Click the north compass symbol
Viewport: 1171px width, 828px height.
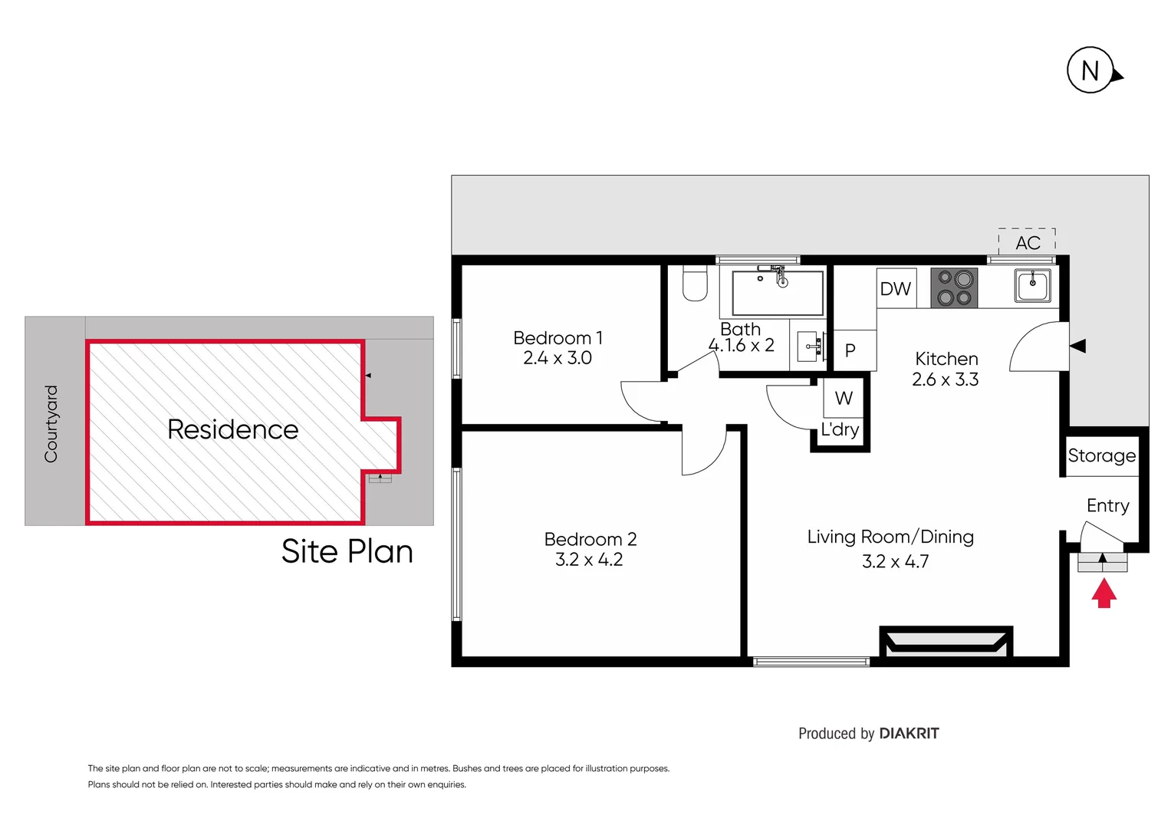point(1090,71)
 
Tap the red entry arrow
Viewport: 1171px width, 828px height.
point(1104,593)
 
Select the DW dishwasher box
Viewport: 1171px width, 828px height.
point(896,288)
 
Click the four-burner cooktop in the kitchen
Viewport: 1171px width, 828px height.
point(954,288)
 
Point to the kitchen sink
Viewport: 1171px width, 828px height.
point(1033,286)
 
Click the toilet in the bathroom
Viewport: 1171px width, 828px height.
point(695,284)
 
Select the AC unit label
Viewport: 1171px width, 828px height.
point(1028,242)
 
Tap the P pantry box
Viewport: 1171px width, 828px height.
point(850,350)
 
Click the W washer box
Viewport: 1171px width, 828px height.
point(844,398)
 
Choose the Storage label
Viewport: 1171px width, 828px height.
point(1102,455)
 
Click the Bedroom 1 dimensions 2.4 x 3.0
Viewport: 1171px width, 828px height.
point(558,358)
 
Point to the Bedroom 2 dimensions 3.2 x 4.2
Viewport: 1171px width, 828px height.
point(589,560)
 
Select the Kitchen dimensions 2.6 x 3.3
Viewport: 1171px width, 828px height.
point(946,379)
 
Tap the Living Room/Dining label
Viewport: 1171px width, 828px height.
point(890,537)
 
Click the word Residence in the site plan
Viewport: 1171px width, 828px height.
point(232,429)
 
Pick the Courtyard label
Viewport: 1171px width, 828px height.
point(51,424)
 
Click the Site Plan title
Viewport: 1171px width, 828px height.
point(347,551)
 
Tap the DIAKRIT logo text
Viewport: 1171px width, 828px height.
point(909,734)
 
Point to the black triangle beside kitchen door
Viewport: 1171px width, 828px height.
point(1077,347)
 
